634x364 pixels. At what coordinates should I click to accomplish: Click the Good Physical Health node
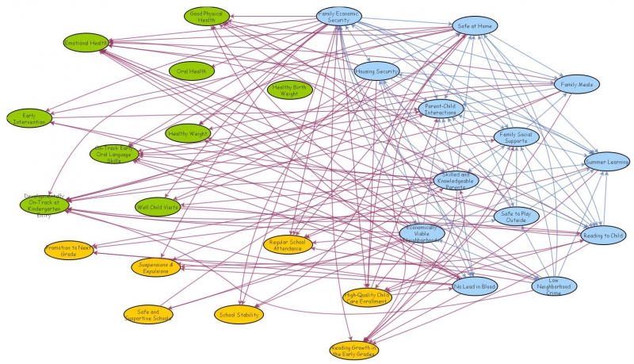pos(206,16)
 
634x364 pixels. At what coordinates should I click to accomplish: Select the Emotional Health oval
pos(86,42)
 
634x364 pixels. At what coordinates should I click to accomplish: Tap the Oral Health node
pos(192,71)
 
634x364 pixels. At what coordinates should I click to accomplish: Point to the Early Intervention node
pos(29,118)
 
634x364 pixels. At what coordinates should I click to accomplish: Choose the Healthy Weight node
pos(188,134)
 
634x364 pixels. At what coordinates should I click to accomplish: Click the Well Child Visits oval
pos(158,207)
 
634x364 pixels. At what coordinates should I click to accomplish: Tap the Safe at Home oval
pos(475,25)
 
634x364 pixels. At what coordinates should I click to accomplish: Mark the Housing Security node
pos(376,71)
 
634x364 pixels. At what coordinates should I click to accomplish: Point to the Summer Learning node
pos(606,162)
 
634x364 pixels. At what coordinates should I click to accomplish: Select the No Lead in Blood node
pos(475,285)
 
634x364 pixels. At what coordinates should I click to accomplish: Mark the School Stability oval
pos(239,315)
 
